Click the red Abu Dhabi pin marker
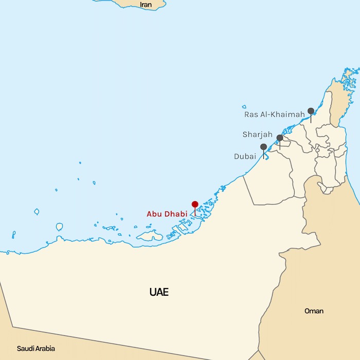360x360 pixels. [x=194, y=205]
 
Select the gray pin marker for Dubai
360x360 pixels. [x=264, y=148]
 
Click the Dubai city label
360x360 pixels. [x=245, y=156]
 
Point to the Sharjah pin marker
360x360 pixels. [x=280, y=138]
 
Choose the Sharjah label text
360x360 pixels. [x=258, y=135]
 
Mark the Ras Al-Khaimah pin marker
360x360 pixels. [x=311, y=111]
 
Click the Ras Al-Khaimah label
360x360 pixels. [x=275, y=114]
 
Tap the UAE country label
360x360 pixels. [x=159, y=293]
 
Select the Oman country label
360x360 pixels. [x=314, y=311]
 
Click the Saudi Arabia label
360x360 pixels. [x=36, y=348]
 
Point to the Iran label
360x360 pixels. [x=146, y=5]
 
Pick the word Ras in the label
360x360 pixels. [x=251, y=114]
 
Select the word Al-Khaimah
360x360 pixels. [x=282, y=114]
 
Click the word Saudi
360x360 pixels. [x=25, y=348]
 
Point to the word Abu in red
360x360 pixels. [x=154, y=214]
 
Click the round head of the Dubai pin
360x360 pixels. [x=264, y=147]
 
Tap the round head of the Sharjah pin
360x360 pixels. [x=280, y=138]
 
